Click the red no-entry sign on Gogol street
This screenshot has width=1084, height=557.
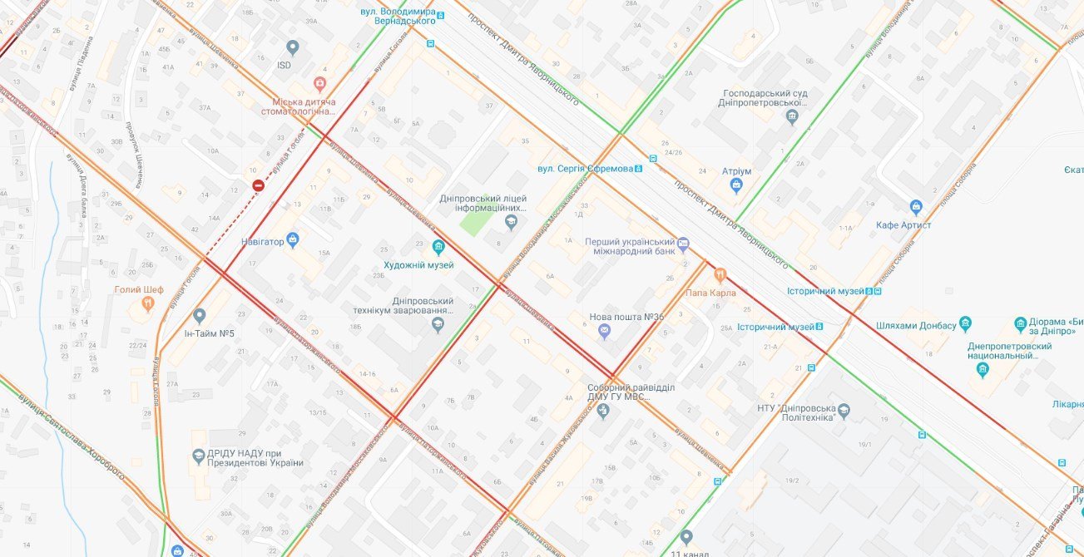[259, 185]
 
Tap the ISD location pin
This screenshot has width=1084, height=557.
[292, 48]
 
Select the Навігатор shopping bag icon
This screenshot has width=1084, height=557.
[293, 240]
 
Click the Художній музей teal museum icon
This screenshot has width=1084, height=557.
[438, 247]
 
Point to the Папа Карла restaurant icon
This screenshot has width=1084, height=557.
[720, 274]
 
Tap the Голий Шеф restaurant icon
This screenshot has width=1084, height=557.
[148, 304]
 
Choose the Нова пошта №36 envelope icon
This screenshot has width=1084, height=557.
[605, 332]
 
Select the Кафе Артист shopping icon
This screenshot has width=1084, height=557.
[916, 206]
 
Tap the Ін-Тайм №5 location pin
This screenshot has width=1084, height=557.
[199, 316]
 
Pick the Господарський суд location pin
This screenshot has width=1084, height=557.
[792, 116]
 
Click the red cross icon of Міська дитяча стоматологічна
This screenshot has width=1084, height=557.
[319, 83]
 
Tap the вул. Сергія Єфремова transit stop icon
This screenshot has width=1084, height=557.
[638, 169]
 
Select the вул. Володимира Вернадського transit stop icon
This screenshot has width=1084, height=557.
[442, 14]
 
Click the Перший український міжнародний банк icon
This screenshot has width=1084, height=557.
[684, 244]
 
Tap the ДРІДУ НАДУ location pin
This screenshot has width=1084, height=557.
[199, 456]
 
